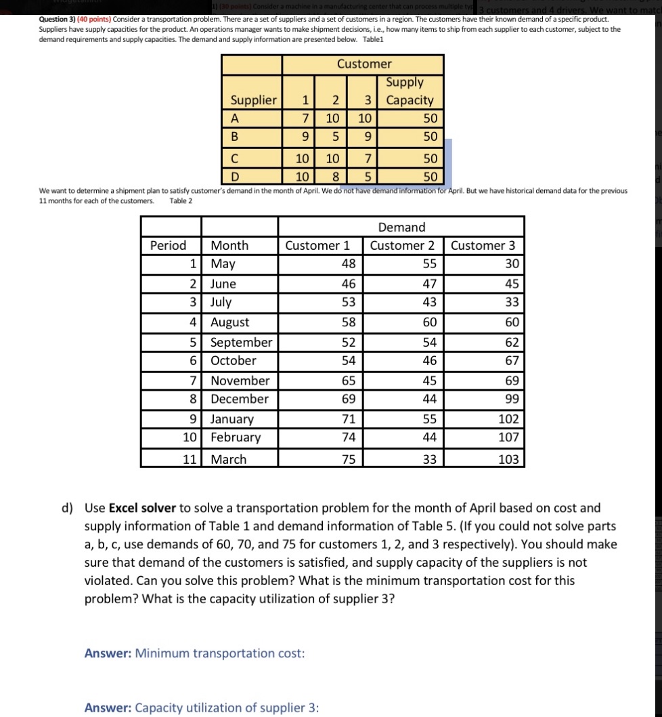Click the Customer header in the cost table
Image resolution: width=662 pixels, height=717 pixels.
[363, 64]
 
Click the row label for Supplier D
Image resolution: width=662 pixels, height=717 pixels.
[235, 177]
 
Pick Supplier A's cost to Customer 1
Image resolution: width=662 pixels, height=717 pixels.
[305, 118]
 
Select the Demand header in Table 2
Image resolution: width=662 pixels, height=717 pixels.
[401, 227]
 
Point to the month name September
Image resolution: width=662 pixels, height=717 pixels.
[241, 343]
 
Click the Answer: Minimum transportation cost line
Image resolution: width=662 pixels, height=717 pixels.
[194, 653]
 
